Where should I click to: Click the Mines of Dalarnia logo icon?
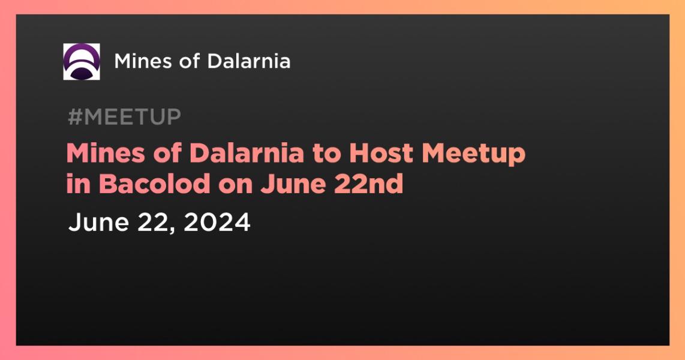[81, 62]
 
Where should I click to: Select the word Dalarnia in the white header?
[248, 61]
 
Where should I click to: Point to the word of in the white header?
[189, 61]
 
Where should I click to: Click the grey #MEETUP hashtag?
[125, 117]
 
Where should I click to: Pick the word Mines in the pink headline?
[106, 154]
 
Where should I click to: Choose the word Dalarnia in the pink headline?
[247, 154]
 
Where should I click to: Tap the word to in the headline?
[326, 154]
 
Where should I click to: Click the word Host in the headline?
[381, 154]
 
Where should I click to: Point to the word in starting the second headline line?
[78, 184]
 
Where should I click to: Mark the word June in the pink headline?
[293, 184]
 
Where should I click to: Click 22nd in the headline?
[369, 184]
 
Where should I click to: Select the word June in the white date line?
[99, 222]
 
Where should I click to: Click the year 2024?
[217, 222]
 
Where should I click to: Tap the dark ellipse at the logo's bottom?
[81, 73]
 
